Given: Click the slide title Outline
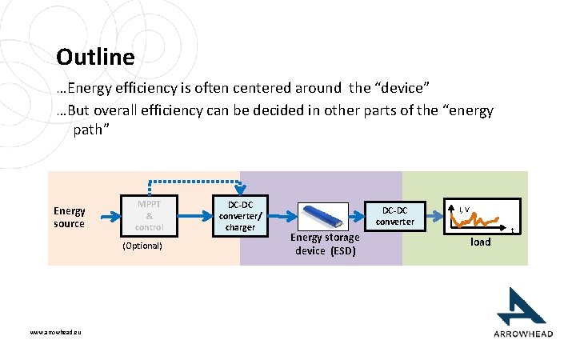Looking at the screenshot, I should click(95, 58).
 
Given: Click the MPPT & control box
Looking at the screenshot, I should click(149, 215).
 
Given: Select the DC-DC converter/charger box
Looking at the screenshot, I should click(240, 216).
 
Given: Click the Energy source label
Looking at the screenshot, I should click(69, 217).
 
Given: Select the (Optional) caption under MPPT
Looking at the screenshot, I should click(142, 246).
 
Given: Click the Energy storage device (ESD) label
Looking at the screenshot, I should click(326, 244).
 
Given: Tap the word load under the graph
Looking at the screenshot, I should click(480, 242).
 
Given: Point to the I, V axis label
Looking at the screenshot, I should click(463, 210).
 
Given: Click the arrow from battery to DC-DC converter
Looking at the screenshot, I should click(356, 217).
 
